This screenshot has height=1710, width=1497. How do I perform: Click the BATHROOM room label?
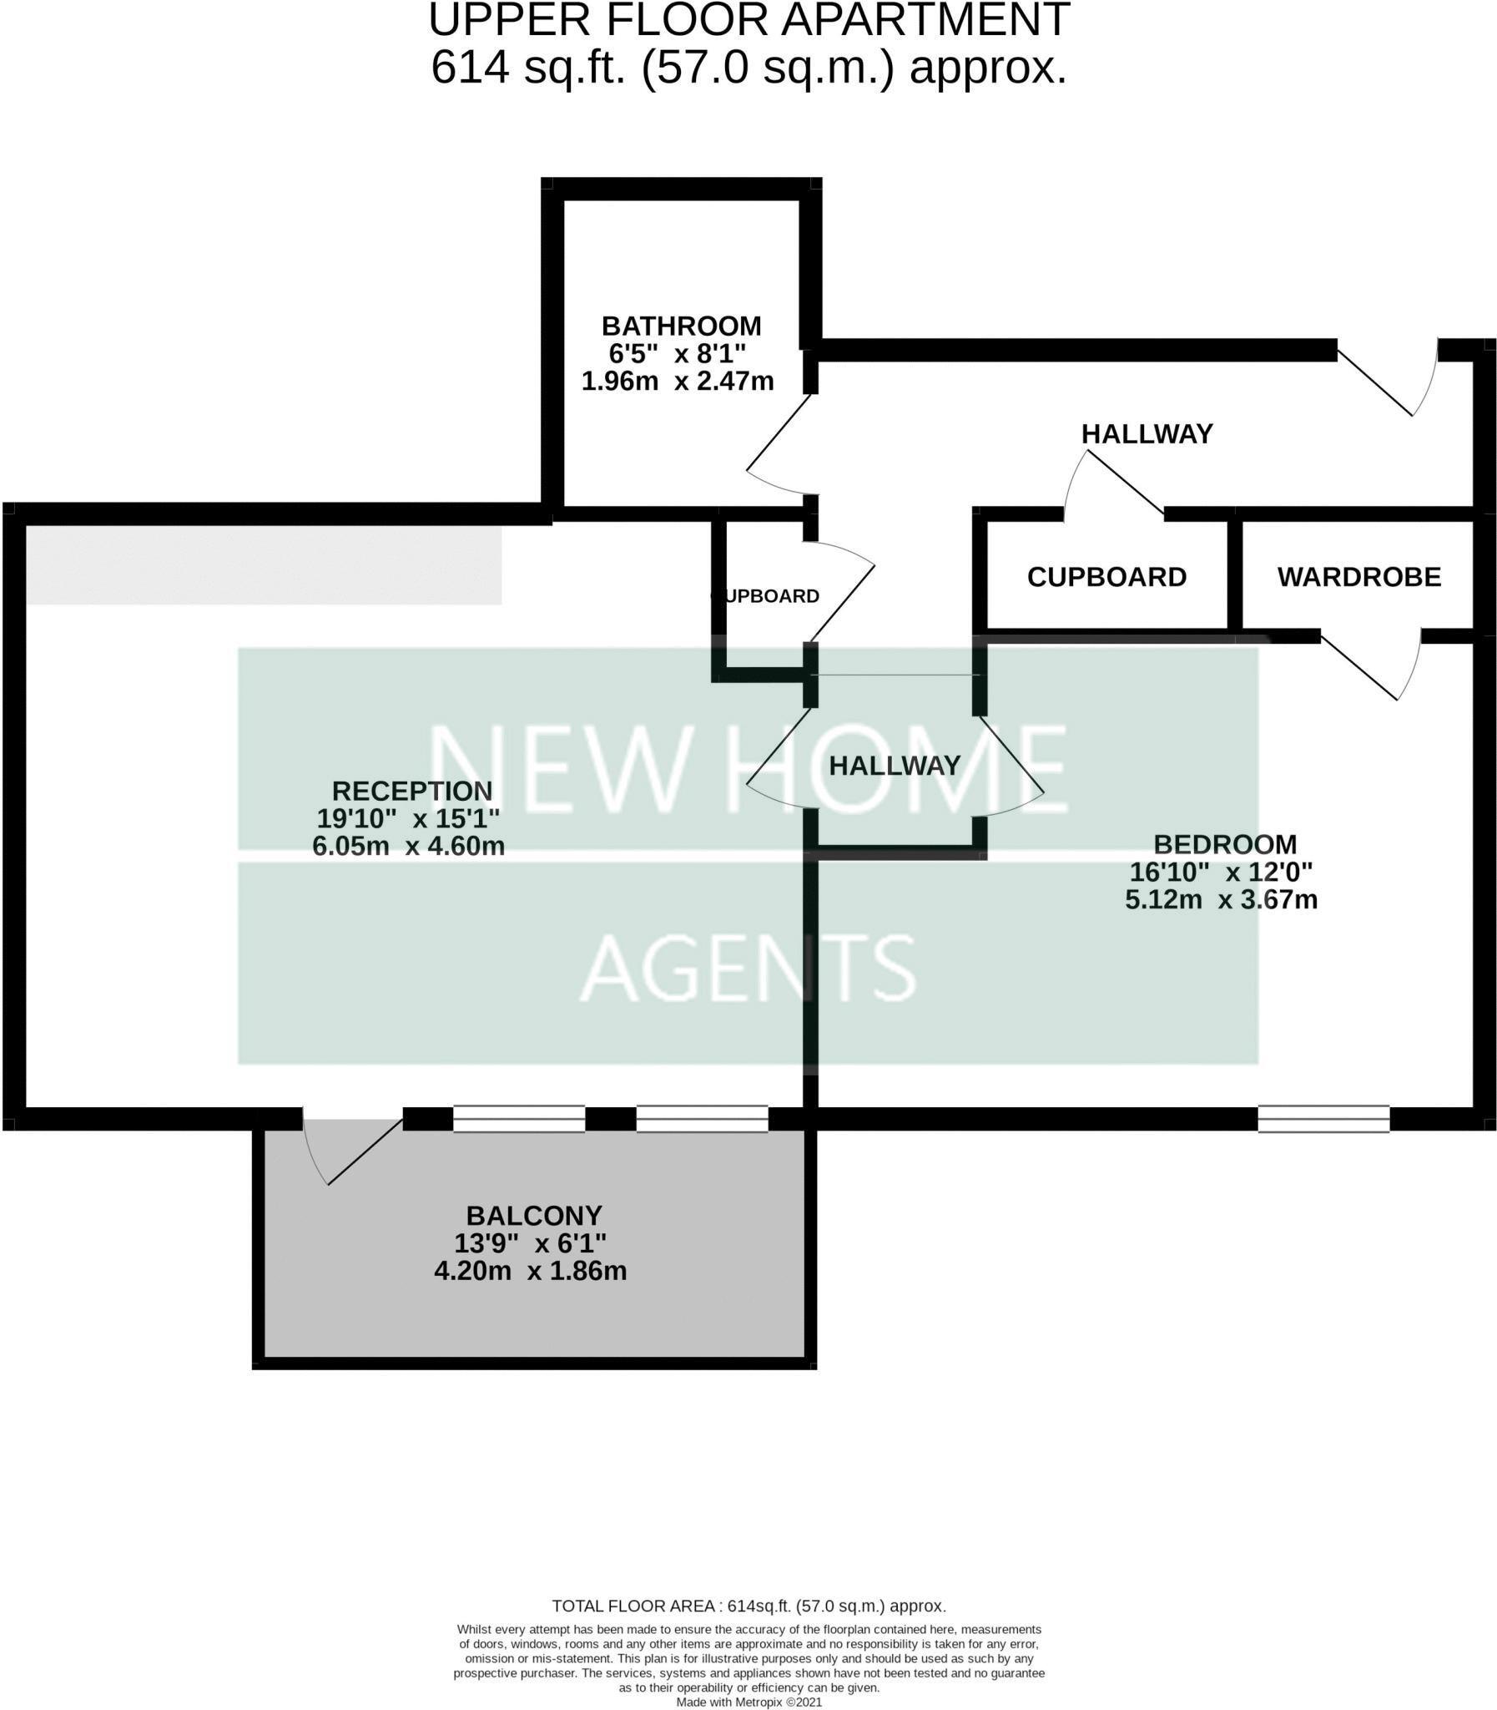click(x=681, y=325)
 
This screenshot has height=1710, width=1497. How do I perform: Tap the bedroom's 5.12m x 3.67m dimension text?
click(x=1221, y=900)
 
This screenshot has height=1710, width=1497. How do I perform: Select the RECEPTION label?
click(x=412, y=791)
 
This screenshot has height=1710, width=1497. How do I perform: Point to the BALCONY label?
click(x=534, y=1215)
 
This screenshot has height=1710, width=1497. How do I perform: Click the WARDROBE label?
click(x=1358, y=577)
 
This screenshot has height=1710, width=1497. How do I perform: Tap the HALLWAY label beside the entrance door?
click(x=1147, y=434)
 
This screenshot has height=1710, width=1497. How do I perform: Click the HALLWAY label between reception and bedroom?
click(x=894, y=765)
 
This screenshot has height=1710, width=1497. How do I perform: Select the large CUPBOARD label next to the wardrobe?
click(x=1106, y=577)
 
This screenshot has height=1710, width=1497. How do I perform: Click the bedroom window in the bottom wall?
click(x=1323, y=1118)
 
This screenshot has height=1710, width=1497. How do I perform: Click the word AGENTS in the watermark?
click(x=748, y=969)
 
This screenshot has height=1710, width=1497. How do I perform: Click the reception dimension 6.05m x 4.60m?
click(x=409, y=846)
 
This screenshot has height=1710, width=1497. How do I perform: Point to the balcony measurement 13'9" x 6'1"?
click(x=531, y=1242)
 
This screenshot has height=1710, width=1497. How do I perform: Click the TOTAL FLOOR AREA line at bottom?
click(x=748, y=1606)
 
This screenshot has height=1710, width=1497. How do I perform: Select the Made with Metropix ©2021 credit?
click(x=748, y=1702)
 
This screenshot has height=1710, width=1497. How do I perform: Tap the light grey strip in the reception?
click(x=263, y=564)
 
